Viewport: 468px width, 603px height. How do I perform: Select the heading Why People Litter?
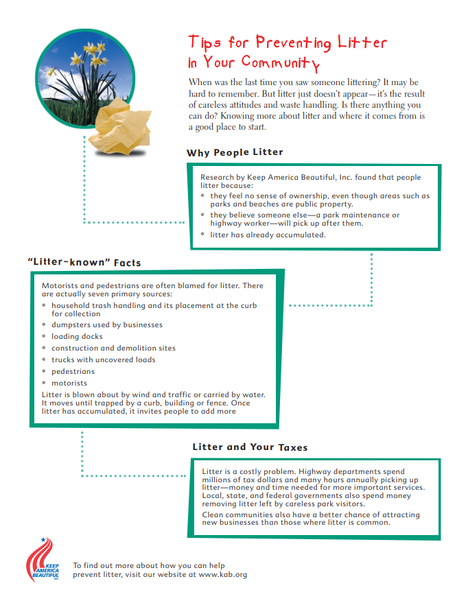[x=235, y=152]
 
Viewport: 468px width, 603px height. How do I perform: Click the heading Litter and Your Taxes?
[x=250, y=447]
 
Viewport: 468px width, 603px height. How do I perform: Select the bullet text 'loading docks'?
[x=77, y=337]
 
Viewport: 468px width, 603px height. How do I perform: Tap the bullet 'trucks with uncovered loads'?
[x=103, y=360]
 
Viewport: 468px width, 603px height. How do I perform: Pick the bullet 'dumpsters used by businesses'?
[x=106, y=325]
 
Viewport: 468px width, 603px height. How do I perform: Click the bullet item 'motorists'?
[x=69, y=383]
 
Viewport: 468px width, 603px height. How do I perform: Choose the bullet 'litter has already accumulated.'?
[x=268, y=235]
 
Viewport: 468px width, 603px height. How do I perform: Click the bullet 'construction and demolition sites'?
[x=113, y=348]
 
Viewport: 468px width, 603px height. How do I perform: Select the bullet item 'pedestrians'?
[x=73, y=372]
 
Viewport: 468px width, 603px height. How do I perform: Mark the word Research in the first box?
[x=218, y=178]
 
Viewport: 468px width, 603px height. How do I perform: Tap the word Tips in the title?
[x=204, y=43]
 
